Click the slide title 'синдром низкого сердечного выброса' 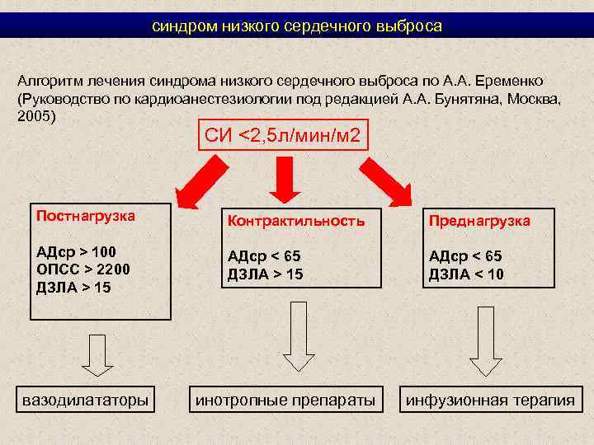pos(297,26)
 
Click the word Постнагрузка pos(86,216)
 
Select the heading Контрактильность pos(295,222)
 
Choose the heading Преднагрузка pos(479,222)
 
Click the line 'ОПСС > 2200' pos(83,269)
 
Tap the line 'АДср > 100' pos(77,252)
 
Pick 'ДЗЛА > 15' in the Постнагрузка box pos(74,288)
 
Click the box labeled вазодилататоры pos(86,400)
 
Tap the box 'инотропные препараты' pos(285,400)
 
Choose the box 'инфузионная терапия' pos(488,400)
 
